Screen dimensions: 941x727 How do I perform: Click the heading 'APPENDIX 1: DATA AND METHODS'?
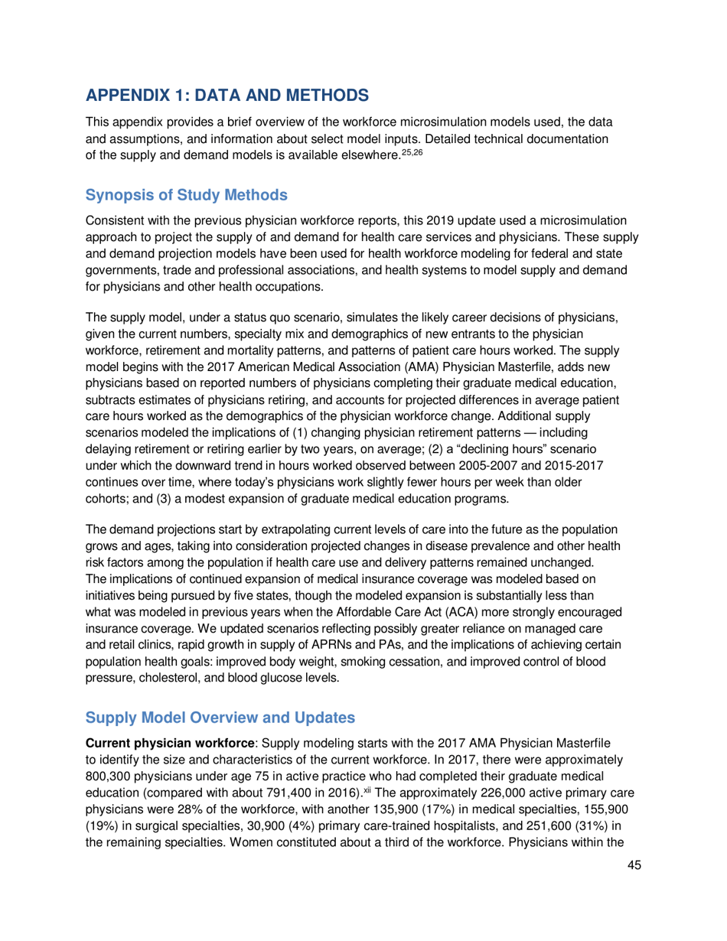coord(227,96)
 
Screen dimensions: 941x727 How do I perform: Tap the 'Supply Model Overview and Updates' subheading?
coord(220,718)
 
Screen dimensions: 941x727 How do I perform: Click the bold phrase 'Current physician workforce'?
coord(168,745)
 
